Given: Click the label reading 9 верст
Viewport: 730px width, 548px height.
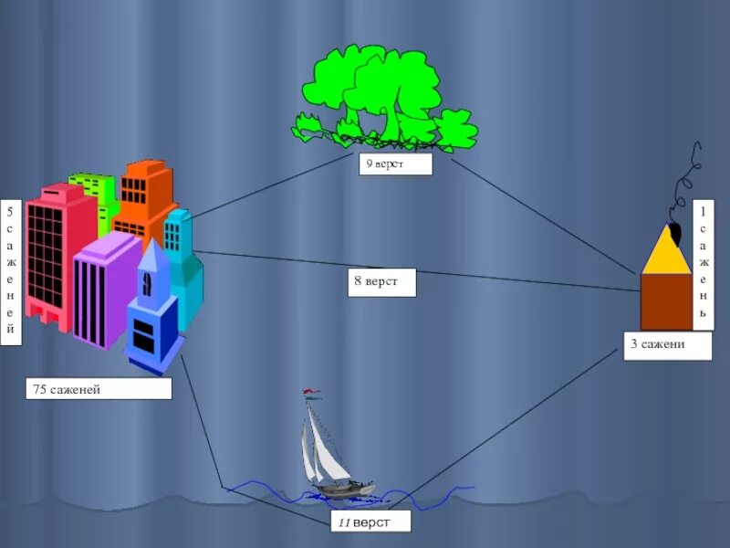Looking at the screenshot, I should click(394, 164).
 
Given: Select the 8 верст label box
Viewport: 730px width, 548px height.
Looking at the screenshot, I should click(381, 282).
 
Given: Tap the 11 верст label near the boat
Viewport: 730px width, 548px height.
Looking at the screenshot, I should click(370, 522).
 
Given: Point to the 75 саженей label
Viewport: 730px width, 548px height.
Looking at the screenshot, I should click(99, 390).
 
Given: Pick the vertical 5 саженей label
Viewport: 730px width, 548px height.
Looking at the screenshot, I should click(11, 273).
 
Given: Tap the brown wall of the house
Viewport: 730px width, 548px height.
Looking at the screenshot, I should click(666, 300).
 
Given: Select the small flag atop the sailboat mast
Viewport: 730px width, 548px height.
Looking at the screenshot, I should click(312, 395).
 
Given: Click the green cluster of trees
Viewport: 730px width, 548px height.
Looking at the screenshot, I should click(383, 96).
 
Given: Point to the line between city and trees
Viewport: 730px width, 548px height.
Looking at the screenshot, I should click(274, 187).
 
